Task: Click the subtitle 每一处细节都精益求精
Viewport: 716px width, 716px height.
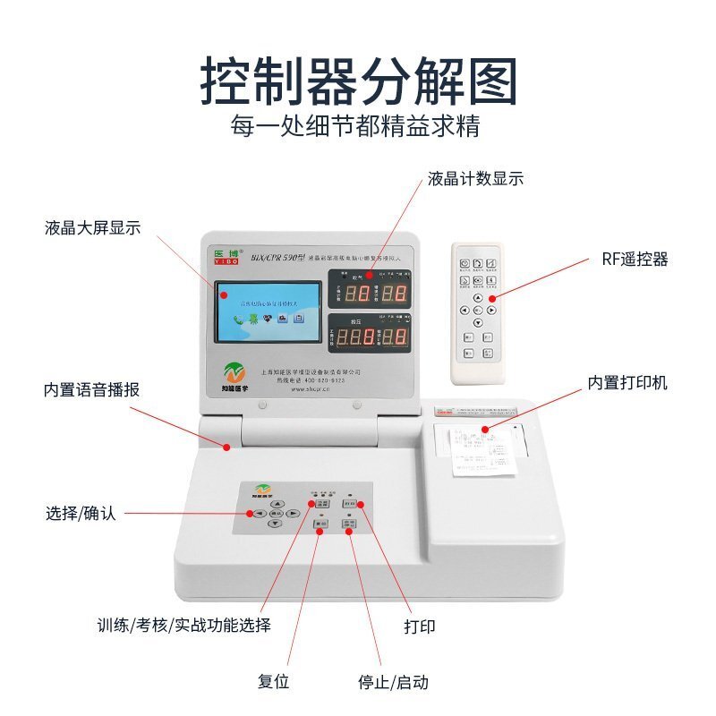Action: coord(355,124)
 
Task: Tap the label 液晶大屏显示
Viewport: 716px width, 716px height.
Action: coord(93,227)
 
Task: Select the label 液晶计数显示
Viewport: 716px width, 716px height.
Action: coord(475,178)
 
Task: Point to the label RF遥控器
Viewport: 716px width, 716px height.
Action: coord(635,260)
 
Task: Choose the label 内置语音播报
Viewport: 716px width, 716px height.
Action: coord(92,390)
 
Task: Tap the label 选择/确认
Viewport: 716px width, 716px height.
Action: coord(81,514)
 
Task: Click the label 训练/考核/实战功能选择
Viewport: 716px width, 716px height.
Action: coord(184,625)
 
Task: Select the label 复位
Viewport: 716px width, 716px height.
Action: coord(274,682)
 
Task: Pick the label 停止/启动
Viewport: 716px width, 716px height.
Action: coord(393,682)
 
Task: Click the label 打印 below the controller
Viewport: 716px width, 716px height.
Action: coord(420,626)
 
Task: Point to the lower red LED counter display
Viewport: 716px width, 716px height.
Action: coord(369,337)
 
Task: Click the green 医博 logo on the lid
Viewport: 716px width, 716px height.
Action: coord(227,255)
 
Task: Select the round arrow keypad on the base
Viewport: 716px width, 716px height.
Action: coord(277,515)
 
